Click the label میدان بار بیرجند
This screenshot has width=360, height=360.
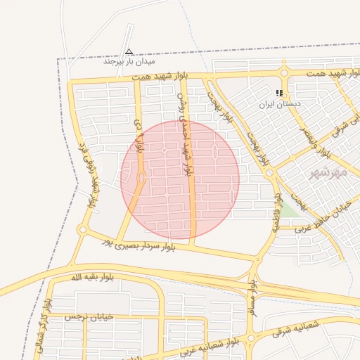pyautogui.click(x=129, y=62)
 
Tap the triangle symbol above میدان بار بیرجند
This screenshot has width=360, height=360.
pyautogui.click(x=129, y=51)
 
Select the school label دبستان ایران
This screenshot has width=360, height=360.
pyautogui.click(x=280, y=104)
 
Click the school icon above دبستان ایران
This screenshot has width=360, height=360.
pyautogui.click(x=280, y=93)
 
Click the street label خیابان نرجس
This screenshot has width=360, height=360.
pyautogui.click(x=89, y=317)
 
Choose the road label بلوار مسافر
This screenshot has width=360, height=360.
pyautogui.click(x=252, y=300)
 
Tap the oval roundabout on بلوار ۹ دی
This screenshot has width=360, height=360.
pyautogui.click(x=141, y=179)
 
